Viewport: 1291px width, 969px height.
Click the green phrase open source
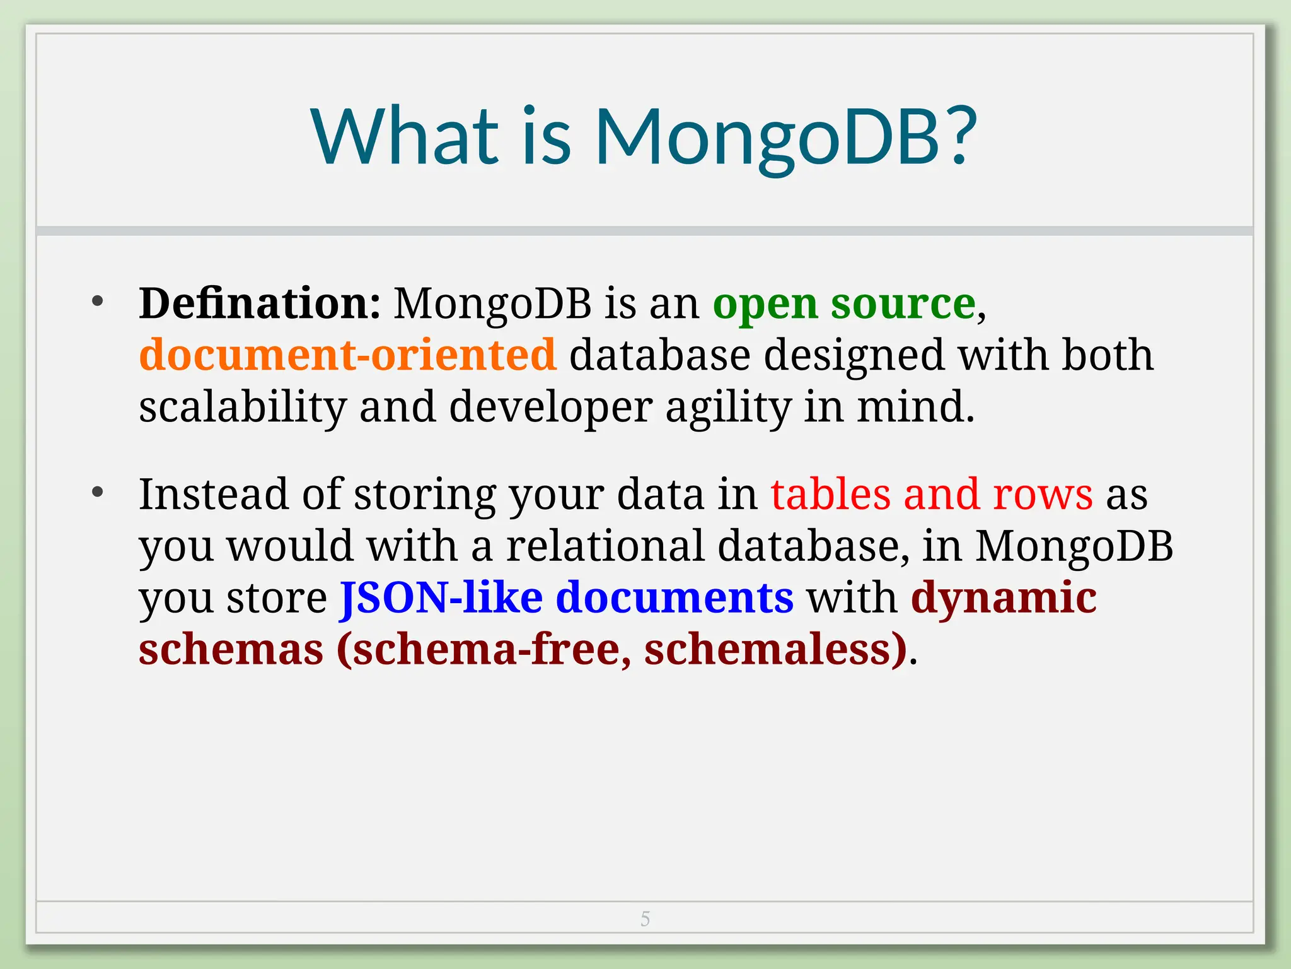[x=844, y=305]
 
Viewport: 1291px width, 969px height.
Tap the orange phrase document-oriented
[x=347, y=355]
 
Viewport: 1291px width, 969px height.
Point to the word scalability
[x=242, y=407]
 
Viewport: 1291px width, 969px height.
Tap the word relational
[x=605, y=546]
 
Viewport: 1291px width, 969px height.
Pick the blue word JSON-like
[x=441, y=597]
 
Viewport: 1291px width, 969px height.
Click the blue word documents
[x=674, y=597]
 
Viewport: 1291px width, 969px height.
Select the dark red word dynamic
[x=1004, y=597]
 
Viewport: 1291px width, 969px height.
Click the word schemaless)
[x=775, y=649]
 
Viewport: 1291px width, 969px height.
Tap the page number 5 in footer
[x=645, y=919]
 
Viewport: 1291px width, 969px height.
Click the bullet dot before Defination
[x=97, y=302]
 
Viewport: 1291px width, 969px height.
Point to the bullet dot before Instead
[x=97, y=491]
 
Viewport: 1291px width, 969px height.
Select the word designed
[x=854, y=356]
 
